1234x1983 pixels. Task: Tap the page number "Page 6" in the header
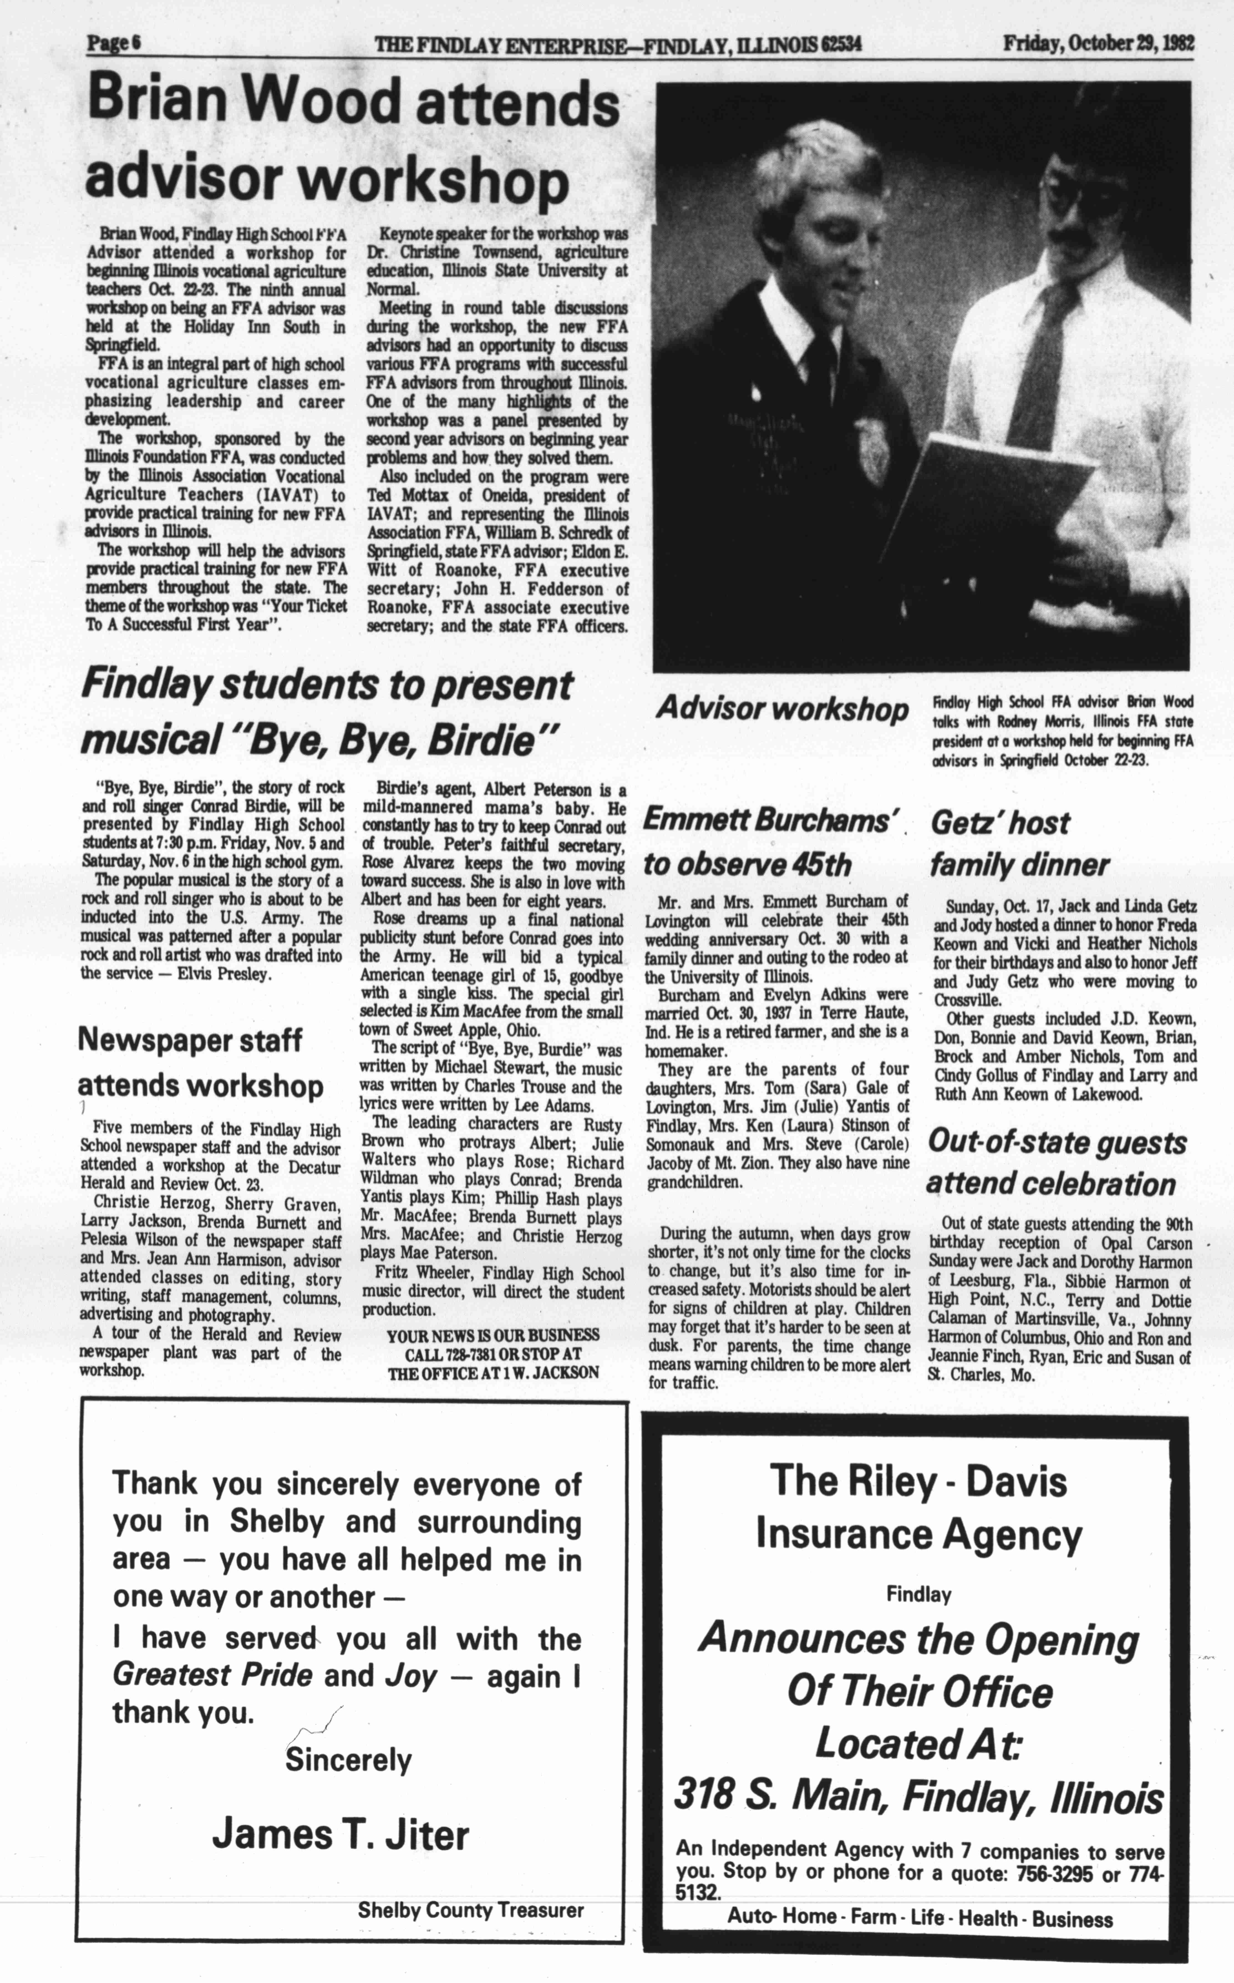coord(113,43)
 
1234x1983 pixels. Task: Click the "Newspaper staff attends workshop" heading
coord(200,1062)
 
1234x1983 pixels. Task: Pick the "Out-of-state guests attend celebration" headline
coord(1057,1163)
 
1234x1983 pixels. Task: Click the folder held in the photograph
coord(1004,506)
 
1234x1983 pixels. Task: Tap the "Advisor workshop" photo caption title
coord(782,708)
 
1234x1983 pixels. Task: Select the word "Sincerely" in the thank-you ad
coord(349,1760)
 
